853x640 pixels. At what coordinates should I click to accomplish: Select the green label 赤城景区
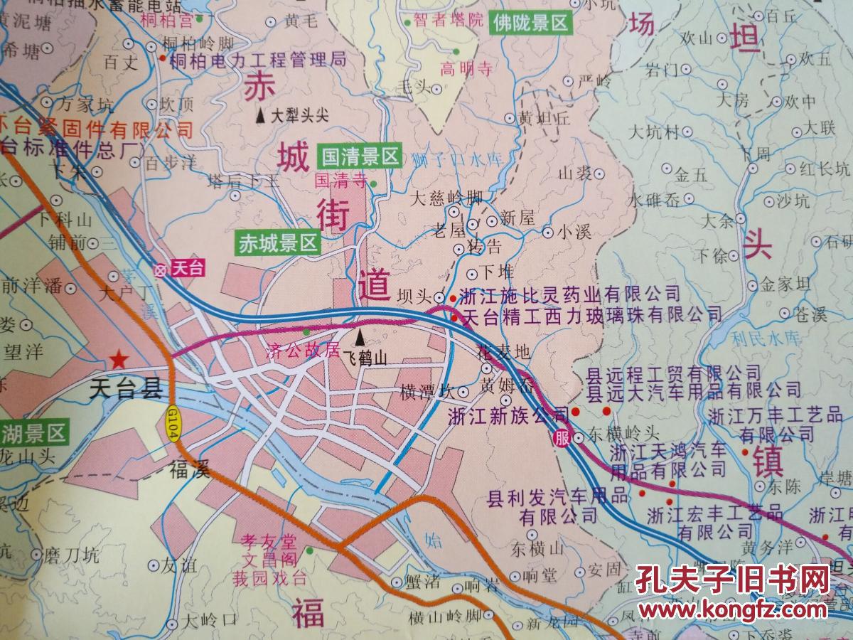coord(278,243)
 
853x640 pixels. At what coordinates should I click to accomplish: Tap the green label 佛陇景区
coord(530,23)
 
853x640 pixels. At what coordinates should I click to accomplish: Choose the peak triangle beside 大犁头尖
coord(262,114)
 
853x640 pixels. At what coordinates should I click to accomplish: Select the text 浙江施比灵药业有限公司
coord(570,293)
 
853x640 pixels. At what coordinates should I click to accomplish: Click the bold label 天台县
coord(127,388)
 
